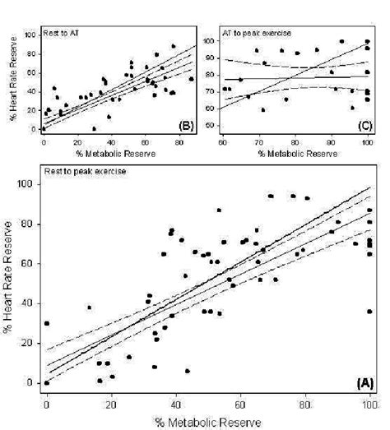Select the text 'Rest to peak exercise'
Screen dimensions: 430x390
click(81, 171)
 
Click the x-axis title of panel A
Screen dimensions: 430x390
click(209, 421)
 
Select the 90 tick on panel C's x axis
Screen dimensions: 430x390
click(332, 143)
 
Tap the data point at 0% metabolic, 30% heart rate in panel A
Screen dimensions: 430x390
click(47, 323)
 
